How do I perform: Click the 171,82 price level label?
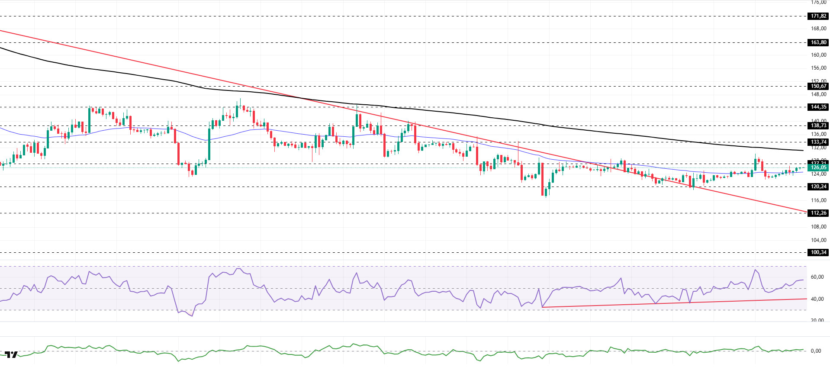pos(818,16)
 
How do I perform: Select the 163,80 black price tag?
pos(818,42)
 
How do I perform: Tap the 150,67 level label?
pos(818,86)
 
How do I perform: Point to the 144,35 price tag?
pos(818,107)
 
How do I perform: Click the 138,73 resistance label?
pos(818,126)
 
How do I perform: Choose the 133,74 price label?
pos(818,142)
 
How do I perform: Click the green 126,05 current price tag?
pos(818,167)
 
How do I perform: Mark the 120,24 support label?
pos(818,187)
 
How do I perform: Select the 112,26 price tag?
pos(818,213)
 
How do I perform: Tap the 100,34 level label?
pos(818,252)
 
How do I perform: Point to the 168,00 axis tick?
pos(818,29)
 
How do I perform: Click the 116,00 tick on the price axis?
pos(818,200)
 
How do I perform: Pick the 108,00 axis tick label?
pos(818,227)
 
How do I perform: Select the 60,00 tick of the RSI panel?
pos(817,277)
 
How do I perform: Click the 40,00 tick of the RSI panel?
pos(817,299)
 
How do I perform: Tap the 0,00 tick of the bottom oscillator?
pos(816,351)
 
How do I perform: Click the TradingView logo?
pos(11,355)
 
